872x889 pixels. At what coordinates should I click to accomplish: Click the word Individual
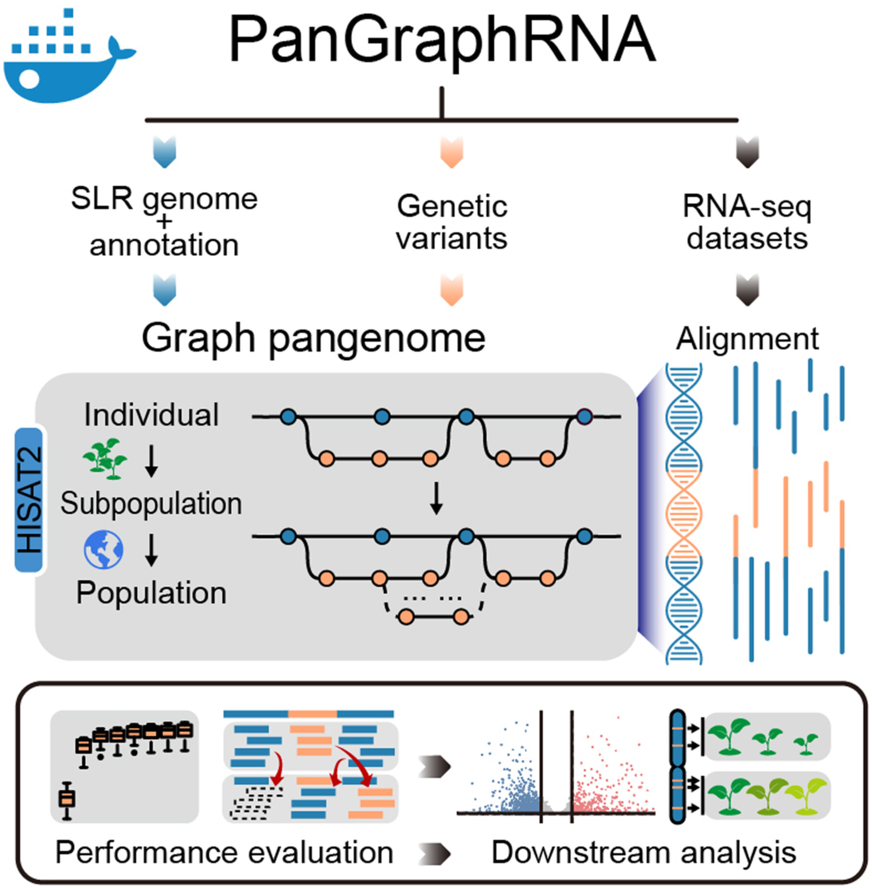(151, 415)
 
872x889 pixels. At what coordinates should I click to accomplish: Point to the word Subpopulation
(151, 504)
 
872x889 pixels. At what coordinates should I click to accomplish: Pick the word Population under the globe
(151, 593)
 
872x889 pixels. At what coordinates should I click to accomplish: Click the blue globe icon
(104, 549)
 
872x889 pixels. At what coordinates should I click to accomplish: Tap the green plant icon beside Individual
(105, 459)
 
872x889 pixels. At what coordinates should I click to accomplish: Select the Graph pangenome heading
(313, 339)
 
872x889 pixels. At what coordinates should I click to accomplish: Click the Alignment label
(747, 339)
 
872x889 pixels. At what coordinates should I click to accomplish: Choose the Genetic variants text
(452, 222)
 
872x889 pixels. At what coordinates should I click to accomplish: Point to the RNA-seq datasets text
(747, 222)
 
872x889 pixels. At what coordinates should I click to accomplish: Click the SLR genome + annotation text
(164, 222)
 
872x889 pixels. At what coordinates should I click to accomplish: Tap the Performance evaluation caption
(224, 853)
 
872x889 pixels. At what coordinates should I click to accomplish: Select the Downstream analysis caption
(644, 853)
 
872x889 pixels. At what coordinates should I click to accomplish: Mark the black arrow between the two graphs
(436, 499)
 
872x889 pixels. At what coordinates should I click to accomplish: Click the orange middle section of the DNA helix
(683, 513)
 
